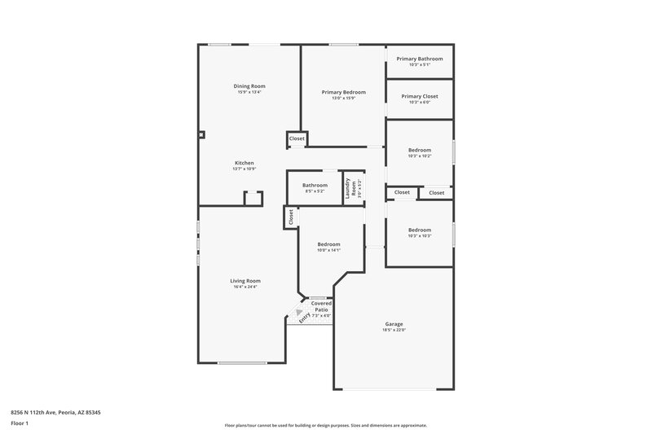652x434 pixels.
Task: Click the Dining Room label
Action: coord(249,85)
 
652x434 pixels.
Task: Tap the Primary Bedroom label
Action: coord(343,92)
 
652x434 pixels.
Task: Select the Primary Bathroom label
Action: coord(419,59)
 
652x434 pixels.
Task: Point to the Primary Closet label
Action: coord(419,96)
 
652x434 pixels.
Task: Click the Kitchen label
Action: coord(244,163)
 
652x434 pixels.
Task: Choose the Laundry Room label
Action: coord(348,190)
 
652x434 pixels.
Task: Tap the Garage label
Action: coord(394,323)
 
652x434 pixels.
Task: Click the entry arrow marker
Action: coord(299,312)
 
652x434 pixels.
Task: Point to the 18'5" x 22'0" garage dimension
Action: coord(394,330)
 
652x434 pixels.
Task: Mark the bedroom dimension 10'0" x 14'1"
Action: coord(328,250)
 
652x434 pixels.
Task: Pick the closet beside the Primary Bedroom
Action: coord(297,139)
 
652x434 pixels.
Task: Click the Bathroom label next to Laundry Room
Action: coord(315,185)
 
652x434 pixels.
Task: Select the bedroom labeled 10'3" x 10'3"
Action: coord(419,230)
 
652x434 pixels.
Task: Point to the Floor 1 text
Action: coord(20,424)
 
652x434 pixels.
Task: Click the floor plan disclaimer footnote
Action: coord(326,425)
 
